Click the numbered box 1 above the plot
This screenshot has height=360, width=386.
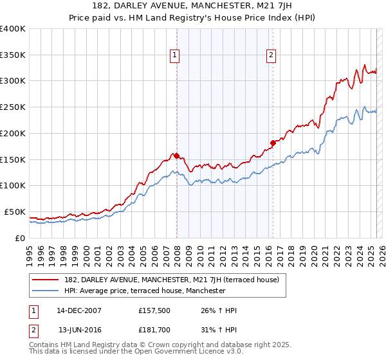coord(174,56)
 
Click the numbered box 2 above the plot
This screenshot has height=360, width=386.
coord(271,56)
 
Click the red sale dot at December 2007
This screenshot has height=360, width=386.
coord(176,156)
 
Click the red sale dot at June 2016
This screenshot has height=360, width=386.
coord(273,143)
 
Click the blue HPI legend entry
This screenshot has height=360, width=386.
coord(144,291)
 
